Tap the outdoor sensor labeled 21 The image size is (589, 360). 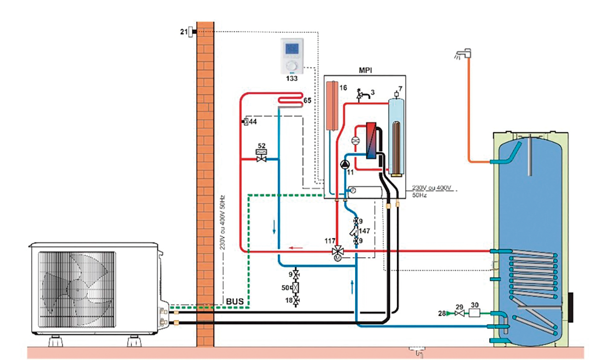pyautogui.click(x=191, y=32)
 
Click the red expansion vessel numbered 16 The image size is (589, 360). pyautogui.click(x=333, y=106)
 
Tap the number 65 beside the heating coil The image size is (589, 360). pyautogui.click(x=307, y=101)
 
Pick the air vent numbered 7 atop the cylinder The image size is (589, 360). pyautogui.click(x=397, y=93)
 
